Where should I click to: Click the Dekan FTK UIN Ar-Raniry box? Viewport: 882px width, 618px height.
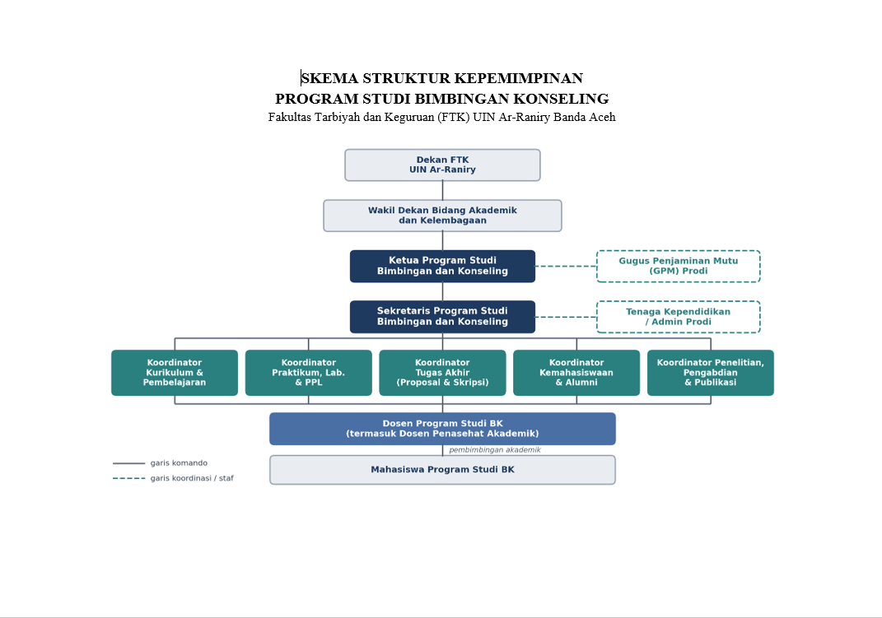[x=443, y=165]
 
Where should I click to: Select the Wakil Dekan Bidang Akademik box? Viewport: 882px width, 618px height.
[x=443, y=215]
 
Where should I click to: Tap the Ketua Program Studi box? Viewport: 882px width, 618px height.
[x=443, y=266]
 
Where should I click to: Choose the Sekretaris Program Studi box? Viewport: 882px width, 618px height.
[x=443, y=316]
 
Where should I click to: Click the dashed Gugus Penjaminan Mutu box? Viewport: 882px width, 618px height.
[x=679, y=266]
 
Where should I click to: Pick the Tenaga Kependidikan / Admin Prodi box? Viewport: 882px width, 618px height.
[x=679, y=316]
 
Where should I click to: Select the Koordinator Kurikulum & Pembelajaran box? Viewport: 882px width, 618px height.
[x=175, y=373]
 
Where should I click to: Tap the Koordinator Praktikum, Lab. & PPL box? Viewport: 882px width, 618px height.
[x=308, y=373]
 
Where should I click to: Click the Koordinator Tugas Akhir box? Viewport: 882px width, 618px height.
[x=443, y=373]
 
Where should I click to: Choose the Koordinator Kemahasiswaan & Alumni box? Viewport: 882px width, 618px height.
[x=576, y=373]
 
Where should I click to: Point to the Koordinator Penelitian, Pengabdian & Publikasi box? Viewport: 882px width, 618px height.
[x=711, y=373]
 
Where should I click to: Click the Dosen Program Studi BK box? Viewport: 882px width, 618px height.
[x=443, y=429]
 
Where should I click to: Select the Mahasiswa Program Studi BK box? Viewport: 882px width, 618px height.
[x=443, y=470]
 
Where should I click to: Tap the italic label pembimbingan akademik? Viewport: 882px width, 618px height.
[x=495, y=450]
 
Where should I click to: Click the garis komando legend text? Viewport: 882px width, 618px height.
[x=179, y=463]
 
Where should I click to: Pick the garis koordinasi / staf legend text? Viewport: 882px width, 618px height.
[x=192, y=478]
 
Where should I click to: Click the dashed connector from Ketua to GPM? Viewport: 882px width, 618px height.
[x=566, y=267]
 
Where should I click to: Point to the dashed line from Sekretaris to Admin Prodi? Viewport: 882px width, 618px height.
[x=566, y=317]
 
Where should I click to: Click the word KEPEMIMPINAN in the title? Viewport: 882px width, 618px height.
[x=519, y=77]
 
